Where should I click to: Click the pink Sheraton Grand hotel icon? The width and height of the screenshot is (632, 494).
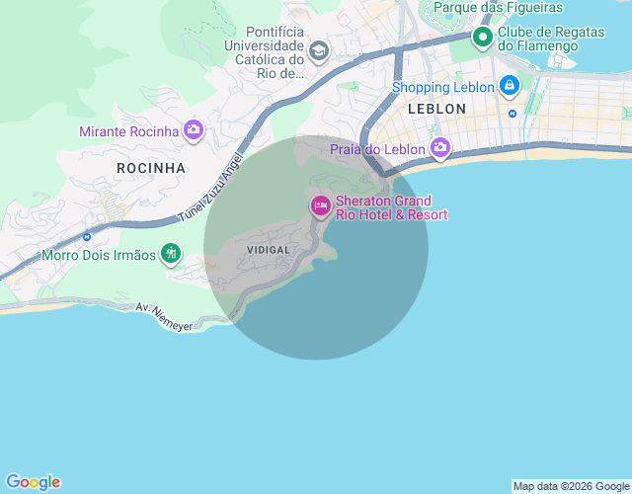pyautogui.click(x=320, y=206)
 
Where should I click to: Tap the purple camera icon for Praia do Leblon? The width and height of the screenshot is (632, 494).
pyautogui.click(x=440, y=149)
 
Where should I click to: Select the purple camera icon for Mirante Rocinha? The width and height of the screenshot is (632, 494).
pyautogui.click(x=194, y=130)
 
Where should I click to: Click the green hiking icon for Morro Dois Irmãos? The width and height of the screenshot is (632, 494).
pyautogui.click(x=171, y=254)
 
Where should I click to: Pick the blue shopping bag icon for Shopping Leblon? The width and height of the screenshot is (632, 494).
pyautogui.click(x=509, y=87)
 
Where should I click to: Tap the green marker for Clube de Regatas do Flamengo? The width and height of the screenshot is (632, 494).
pyautogui.click(x=483, y=39)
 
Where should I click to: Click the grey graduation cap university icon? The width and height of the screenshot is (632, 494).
pyautogui.click(x=319, y=50)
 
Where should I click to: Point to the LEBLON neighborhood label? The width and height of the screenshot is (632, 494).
pyautogui.click(x=435, y=109)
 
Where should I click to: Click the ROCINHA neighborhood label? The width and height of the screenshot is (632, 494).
pyautogui.click(x=151, y=168)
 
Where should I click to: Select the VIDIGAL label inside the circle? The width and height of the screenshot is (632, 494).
pyautogui.click(x=269, y=250)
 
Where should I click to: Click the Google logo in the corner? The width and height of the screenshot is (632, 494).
pyautogui.click(x=33, y=482)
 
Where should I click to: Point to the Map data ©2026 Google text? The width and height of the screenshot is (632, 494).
pyautogui.click(x=571, y=486)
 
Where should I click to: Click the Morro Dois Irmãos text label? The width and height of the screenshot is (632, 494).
pyautogui.click(x=99, y=255)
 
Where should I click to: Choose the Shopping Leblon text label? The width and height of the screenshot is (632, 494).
pyautogui.click(x=442, y=87)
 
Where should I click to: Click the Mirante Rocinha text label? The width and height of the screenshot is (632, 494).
pyautogui.click(x=129, y=131)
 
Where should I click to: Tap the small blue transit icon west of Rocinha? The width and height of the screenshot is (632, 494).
pyautogui.click(x=87, y=236)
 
